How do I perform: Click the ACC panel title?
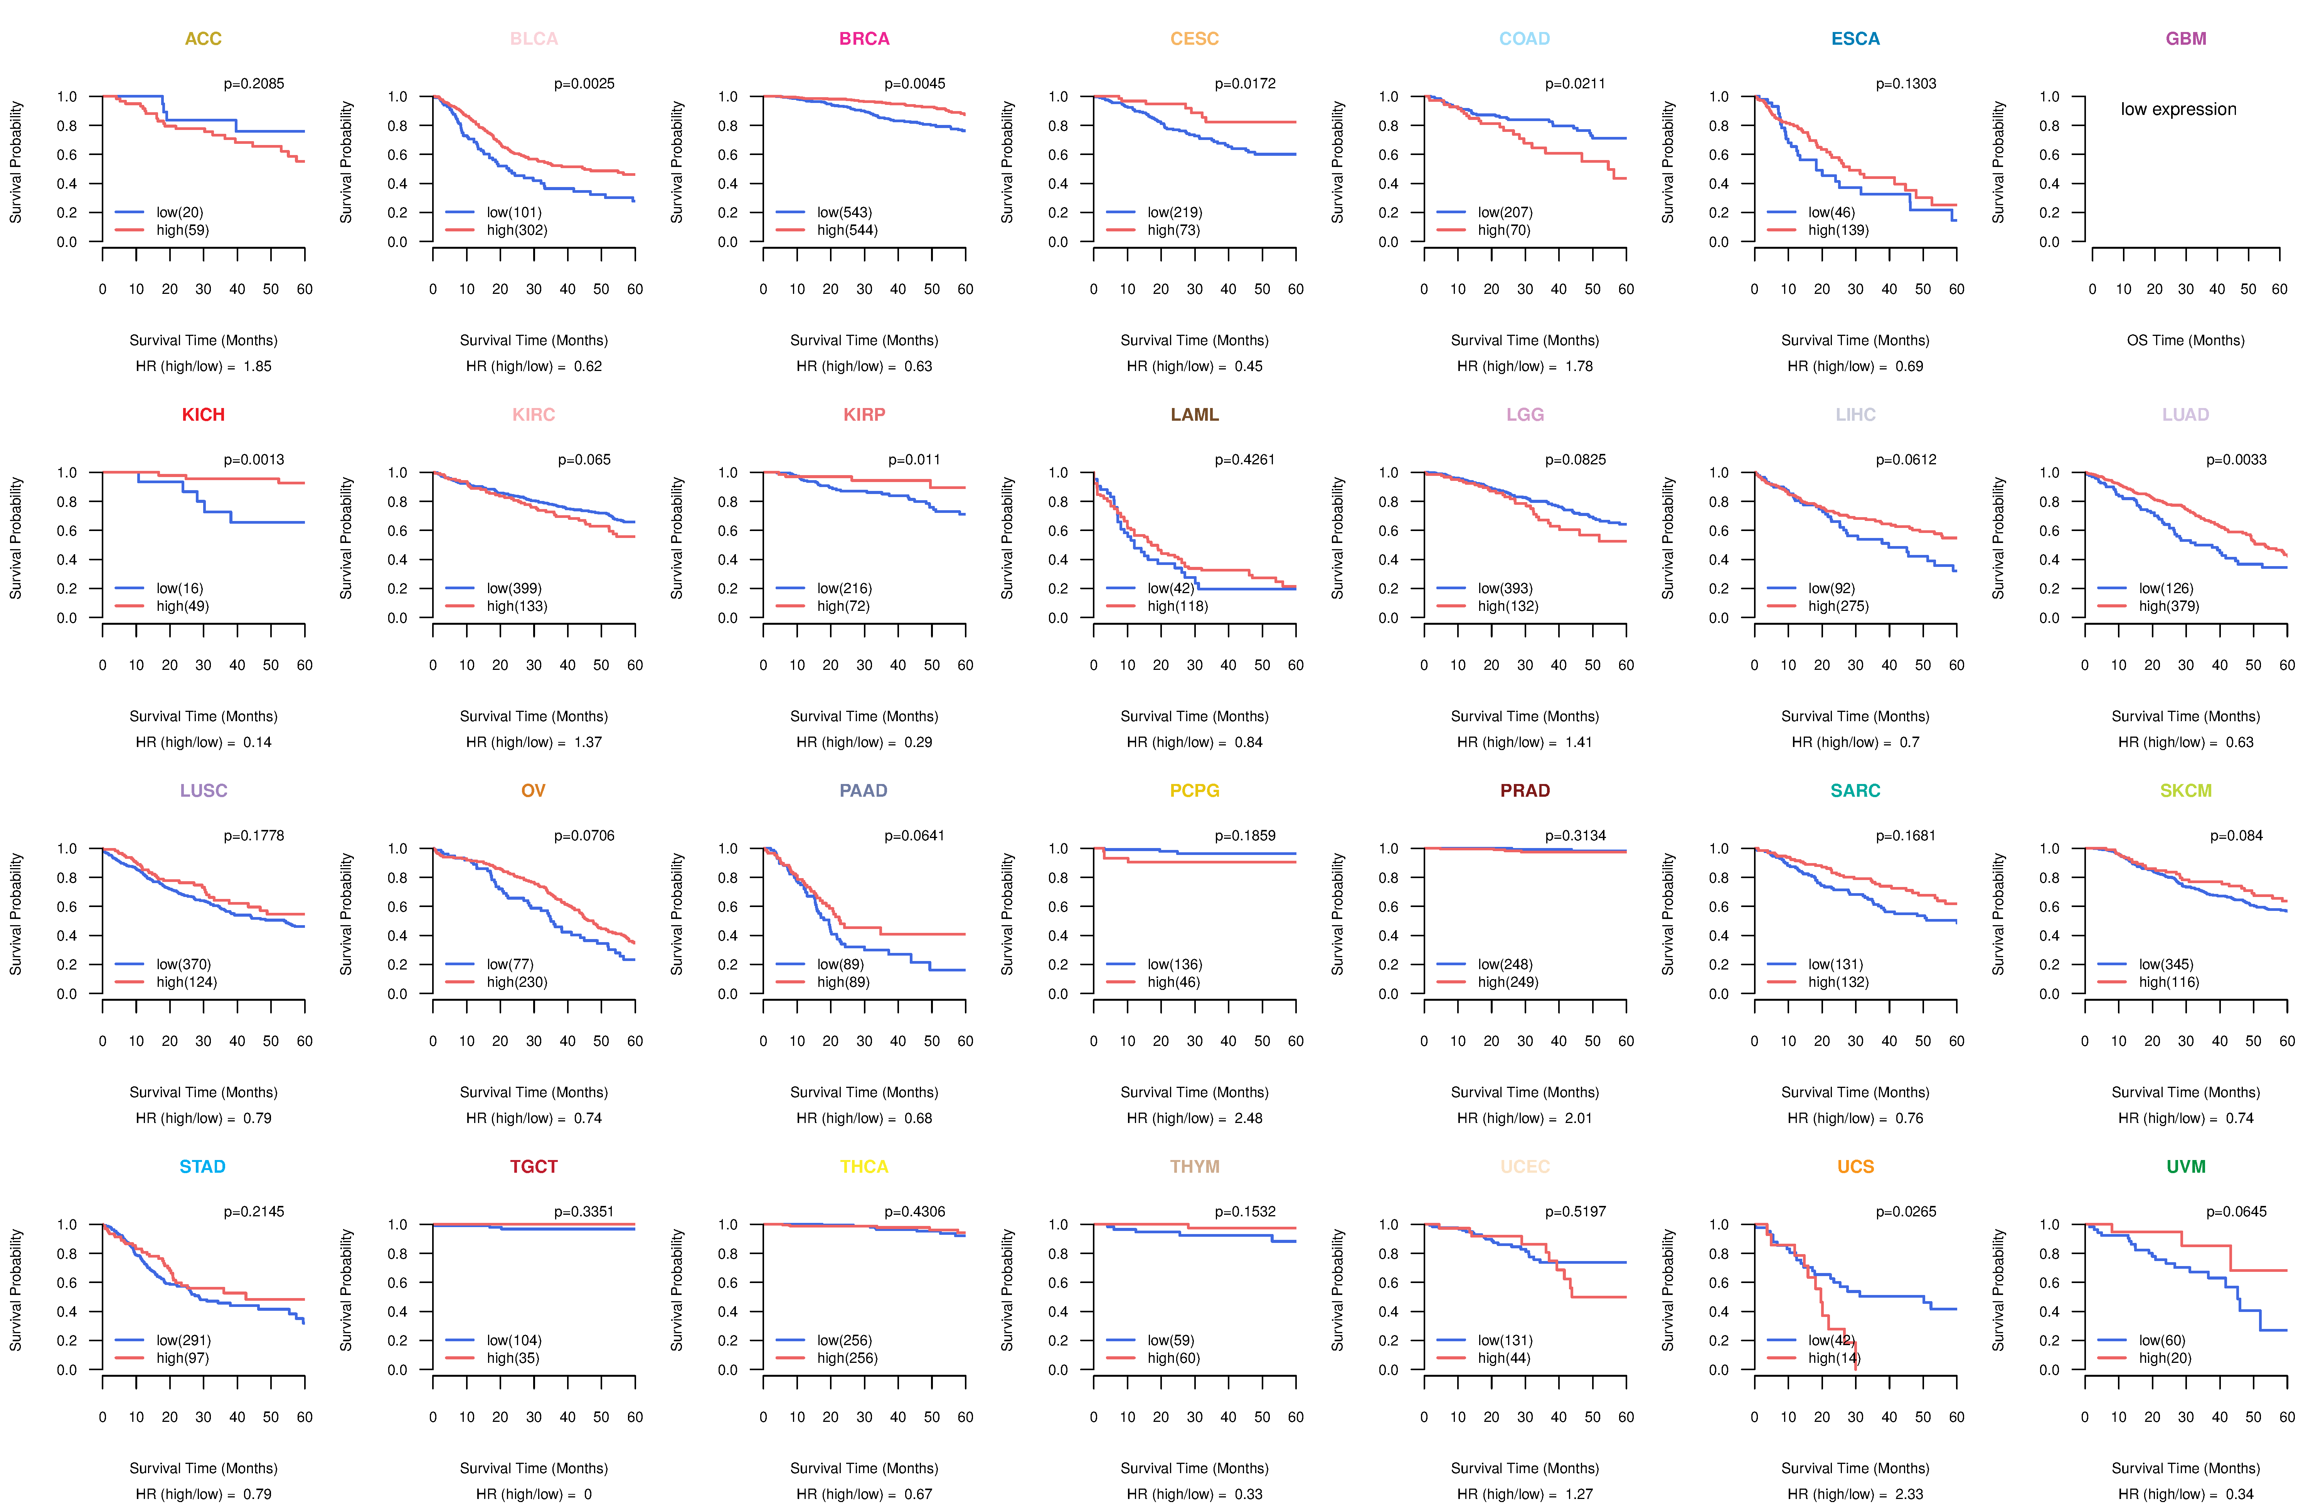203,39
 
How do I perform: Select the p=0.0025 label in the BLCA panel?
584,84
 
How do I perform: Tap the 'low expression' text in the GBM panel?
2178,109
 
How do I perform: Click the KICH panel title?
203,415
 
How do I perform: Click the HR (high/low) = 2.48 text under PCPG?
1194,1118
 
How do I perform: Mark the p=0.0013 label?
254,460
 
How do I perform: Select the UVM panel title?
2186,1167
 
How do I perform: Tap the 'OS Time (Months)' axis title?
2186,340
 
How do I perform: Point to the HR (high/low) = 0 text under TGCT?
534,1494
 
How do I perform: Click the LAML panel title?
1194,415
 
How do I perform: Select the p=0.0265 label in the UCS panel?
1906,1211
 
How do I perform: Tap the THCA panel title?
864,1167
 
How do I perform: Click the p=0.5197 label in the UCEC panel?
1576,1211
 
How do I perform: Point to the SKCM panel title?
2186,791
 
